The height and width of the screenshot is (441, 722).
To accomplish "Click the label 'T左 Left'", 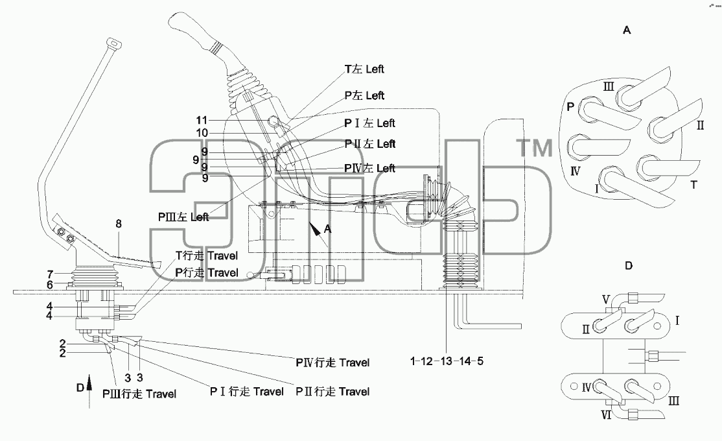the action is (364, 69).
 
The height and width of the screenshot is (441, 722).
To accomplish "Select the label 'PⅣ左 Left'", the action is (369, 168).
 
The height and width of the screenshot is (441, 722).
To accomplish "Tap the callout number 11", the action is (202, 120).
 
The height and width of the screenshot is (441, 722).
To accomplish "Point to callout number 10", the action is (202, 133).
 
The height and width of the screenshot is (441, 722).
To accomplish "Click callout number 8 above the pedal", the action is (119, 224).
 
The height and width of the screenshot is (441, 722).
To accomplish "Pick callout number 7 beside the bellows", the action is (50, 275).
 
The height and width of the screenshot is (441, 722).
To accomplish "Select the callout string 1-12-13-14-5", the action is (447, 361).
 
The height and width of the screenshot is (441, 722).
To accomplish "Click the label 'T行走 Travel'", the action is (207, 256).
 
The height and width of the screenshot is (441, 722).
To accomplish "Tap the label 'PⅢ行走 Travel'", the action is (139, 394).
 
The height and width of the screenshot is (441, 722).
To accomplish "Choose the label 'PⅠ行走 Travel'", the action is (247, 392).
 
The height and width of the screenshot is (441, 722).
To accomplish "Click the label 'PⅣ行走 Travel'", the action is (332, 363).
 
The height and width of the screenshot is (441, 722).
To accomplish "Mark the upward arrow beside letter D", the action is (89, 391).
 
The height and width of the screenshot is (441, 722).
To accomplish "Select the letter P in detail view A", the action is (570, 107).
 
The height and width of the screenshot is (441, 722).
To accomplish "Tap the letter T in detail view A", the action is (694, 185).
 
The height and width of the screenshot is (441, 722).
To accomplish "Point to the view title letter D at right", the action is (629, 265).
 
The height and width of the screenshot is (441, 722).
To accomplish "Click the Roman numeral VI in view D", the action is (607, 415).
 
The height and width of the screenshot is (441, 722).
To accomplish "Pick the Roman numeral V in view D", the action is (606, 300).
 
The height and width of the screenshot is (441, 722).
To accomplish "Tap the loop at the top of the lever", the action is (113, 44).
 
